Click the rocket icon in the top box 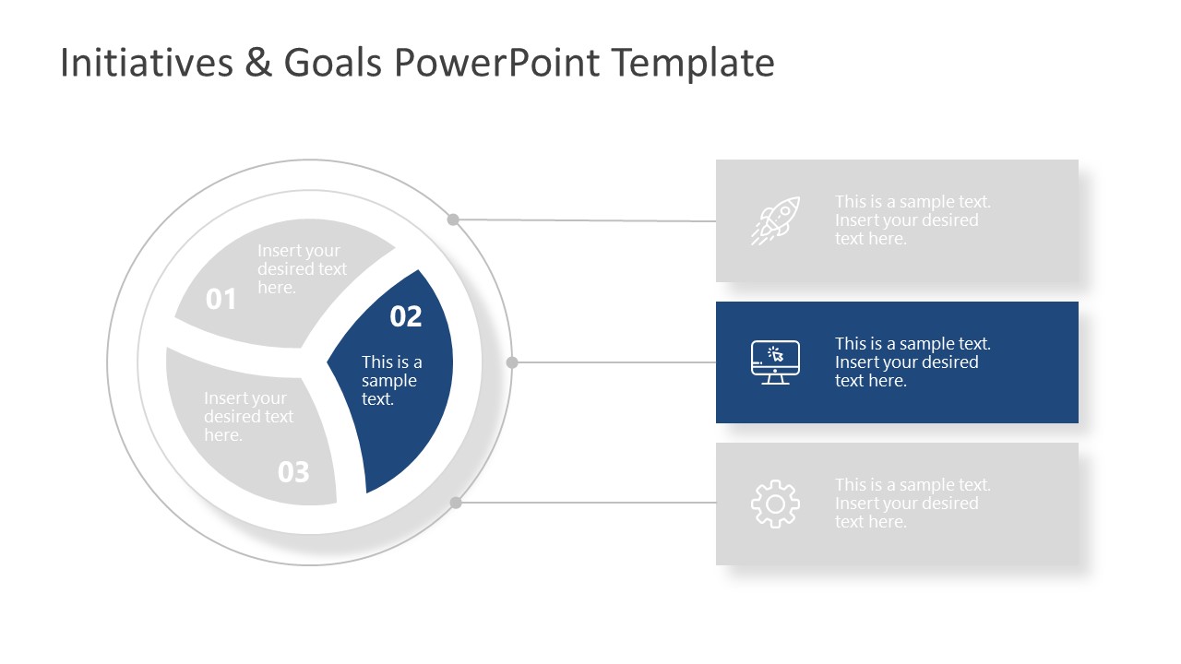[x=775, y=221]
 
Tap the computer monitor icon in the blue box [x=775, y=362]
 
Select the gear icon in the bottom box [x=775, y=504]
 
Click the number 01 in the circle [x=221, y=299]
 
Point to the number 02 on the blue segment [x=406, y=316]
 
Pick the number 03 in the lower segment [x=293, y=472]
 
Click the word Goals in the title [x=334, y=63]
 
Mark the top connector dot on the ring [x=453, y=219]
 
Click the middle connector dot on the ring [x=512, y=362]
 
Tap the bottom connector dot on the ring [x=455, y=503]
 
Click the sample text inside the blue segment [x=391, y=381]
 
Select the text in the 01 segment [x=302, y=269]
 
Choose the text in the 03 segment [x=248, y=417]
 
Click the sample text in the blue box [x=912, y=362]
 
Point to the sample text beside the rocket [x=912, y=220]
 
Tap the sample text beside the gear [x=912, y=504]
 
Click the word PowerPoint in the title [x=497, y=63]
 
